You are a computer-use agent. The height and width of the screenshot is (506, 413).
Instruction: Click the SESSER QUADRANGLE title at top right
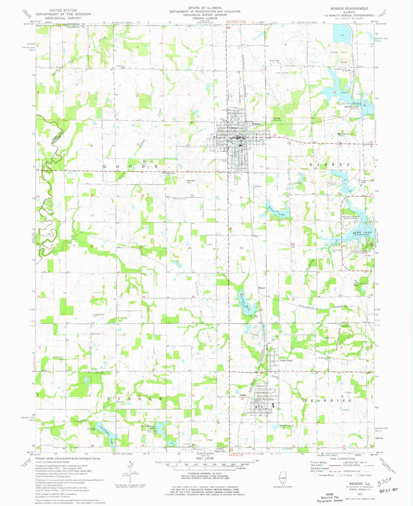(349, 9)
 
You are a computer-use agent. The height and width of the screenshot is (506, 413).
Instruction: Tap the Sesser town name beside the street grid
(256, 124)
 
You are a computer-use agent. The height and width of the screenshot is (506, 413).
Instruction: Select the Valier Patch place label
(286, 360)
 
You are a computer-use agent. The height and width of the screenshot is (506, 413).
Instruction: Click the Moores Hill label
(191, 182)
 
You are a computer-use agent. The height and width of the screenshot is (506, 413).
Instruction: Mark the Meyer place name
(261, 288)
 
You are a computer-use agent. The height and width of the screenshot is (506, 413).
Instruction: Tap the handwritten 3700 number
(384, 482)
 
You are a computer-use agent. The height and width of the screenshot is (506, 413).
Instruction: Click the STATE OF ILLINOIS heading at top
(205, 8)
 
